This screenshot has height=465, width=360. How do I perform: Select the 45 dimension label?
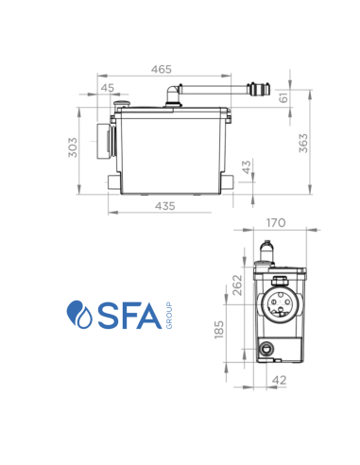[107, 88]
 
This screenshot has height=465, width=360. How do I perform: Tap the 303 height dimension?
[73, 149]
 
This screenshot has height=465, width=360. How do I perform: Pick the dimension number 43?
[247, 168]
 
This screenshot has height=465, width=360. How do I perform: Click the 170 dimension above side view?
[274, 224]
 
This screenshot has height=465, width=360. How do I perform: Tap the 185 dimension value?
[220, 334]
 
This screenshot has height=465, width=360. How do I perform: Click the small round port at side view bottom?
[268, 351]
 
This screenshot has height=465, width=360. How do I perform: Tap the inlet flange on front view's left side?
[105, 143]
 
